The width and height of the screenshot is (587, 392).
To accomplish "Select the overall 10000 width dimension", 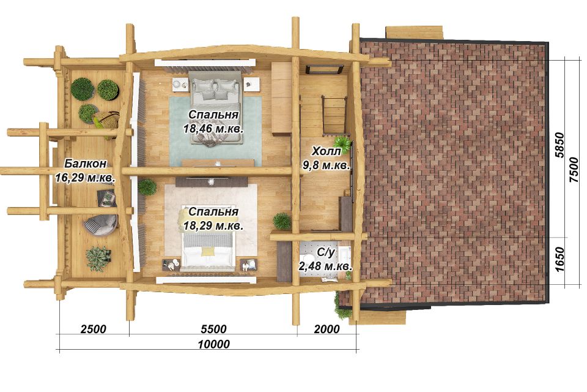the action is point(214,344).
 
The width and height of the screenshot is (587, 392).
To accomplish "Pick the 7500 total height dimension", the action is point(574,170).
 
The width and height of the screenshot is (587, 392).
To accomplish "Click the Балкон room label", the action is point(86,164).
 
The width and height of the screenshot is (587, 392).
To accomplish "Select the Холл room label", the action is point(327,151).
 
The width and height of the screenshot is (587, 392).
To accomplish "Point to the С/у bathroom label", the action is point(325,253).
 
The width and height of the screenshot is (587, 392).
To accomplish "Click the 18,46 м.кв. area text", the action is point(213,129).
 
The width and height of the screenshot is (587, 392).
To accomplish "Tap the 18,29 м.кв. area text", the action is point(213,226).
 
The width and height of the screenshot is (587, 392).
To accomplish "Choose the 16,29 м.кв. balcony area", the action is point(85,178).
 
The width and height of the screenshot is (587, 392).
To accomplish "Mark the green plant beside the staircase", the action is point(342,143).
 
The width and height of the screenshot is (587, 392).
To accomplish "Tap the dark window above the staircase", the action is point(325,69).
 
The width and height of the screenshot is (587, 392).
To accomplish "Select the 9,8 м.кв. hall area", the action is point(327,165).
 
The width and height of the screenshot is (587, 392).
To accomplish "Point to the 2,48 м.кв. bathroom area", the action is point(325,266).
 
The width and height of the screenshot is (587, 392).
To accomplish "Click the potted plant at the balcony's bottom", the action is point(98,258).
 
